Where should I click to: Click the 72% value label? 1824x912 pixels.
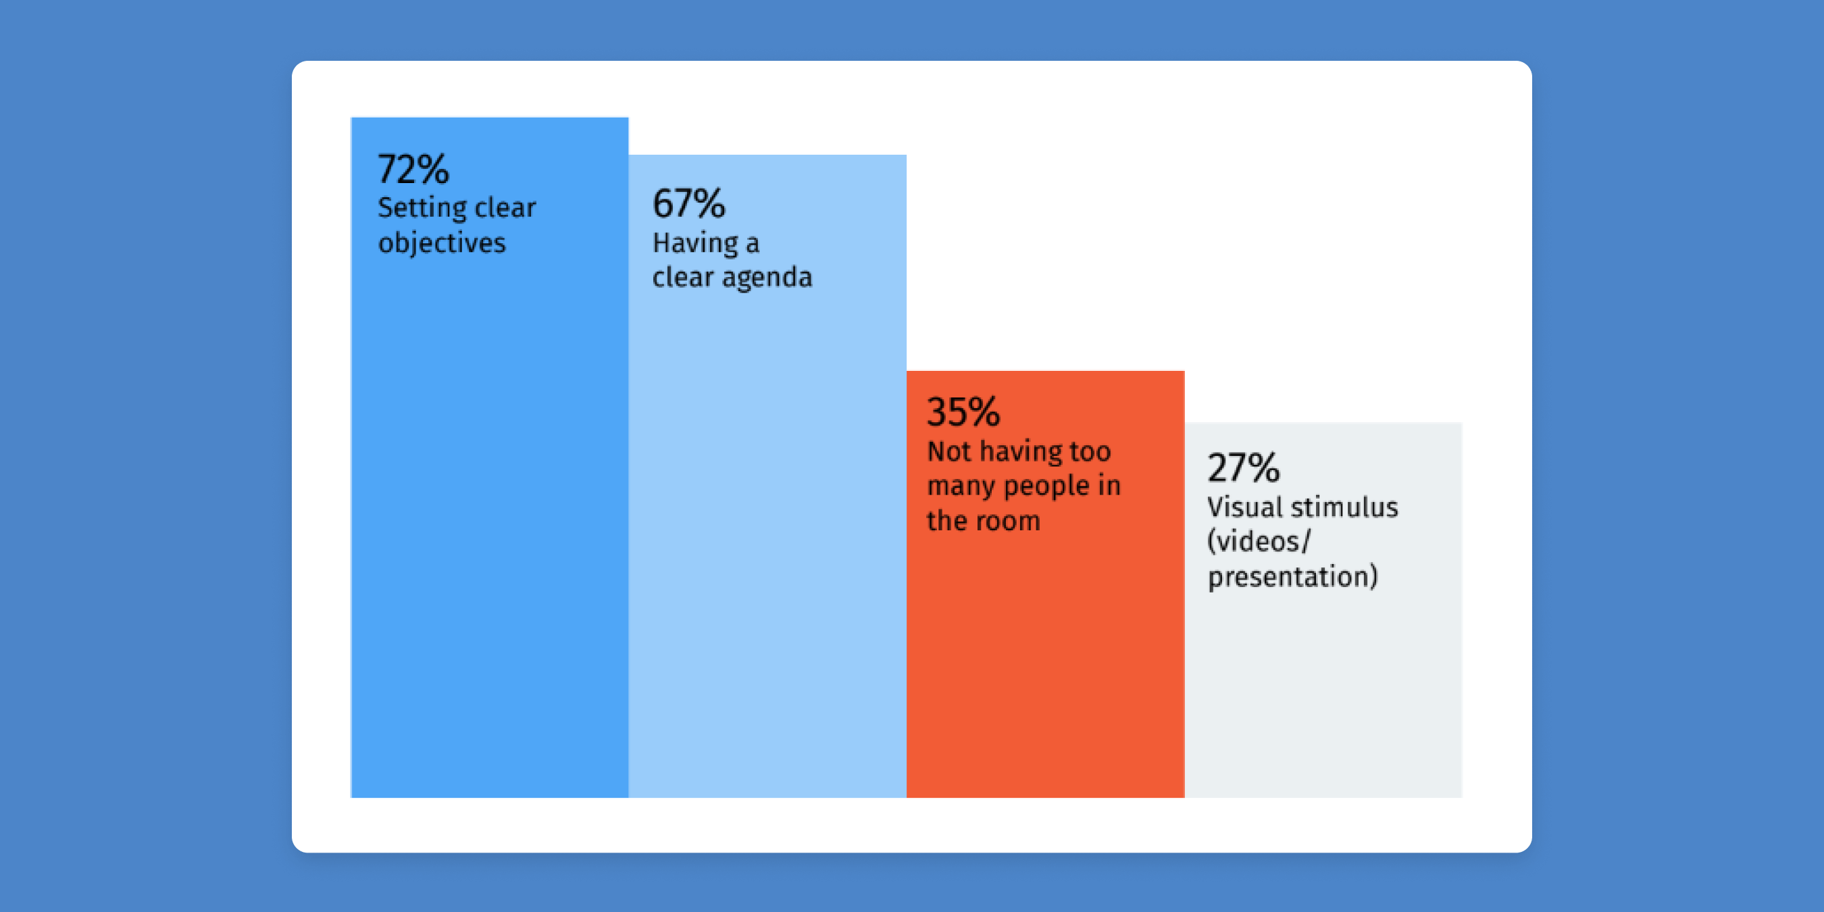click(x=413, y=170)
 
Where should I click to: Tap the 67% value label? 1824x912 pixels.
click(x=689, y=203)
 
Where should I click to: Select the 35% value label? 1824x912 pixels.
click(x=963, y=412)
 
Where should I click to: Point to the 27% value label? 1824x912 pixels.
click(x=1244, y=467)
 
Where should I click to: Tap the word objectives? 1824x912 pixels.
click(x=442, y=243)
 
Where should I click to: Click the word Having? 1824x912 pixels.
click(x=695, y=243)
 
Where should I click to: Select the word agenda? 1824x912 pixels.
click(x=767, y=278)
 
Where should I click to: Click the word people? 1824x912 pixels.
click(x=1046, y=486)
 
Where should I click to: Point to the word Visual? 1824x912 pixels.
click(x=1244, y=507)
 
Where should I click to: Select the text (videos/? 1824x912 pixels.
click(x=1259, y=542)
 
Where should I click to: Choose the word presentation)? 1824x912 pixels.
click(x=1293, y=576)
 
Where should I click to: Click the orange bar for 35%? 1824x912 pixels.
click(x=1045, y=584)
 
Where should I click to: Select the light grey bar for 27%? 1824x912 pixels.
click(x=1323, y=610)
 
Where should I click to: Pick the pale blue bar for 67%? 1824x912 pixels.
click(x=767, y=476)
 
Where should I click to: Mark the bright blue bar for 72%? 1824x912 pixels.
click(x=489, y=457)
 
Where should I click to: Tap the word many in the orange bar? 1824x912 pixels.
click(x=961, y=486)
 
